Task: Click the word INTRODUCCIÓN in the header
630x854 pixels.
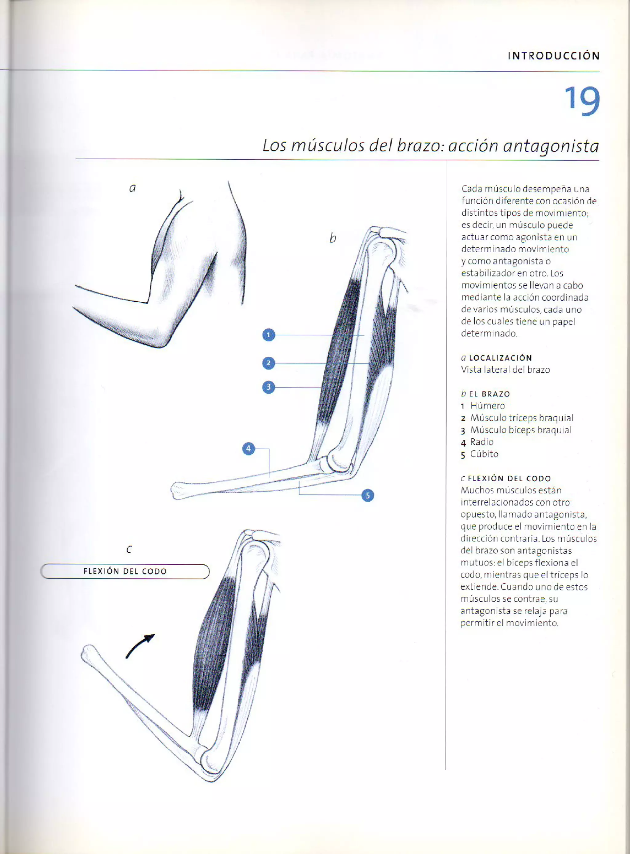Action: point(554,56)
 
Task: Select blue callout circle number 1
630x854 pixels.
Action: point(269,335)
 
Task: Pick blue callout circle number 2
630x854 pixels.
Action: point(269,363)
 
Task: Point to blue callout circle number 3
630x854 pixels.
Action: point(269,387)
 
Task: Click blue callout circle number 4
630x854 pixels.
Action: point(249,449)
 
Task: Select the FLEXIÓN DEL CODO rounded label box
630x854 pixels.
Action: point(125,571)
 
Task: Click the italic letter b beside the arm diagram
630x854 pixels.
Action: point(333,238)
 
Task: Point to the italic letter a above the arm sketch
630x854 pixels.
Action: point(132,188)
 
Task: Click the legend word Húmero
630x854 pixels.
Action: point(487,406)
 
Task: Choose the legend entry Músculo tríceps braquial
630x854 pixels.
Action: point(521,418)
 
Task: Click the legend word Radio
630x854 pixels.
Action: point(482,442)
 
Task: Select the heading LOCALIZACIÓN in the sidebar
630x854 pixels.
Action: point(500,358)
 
